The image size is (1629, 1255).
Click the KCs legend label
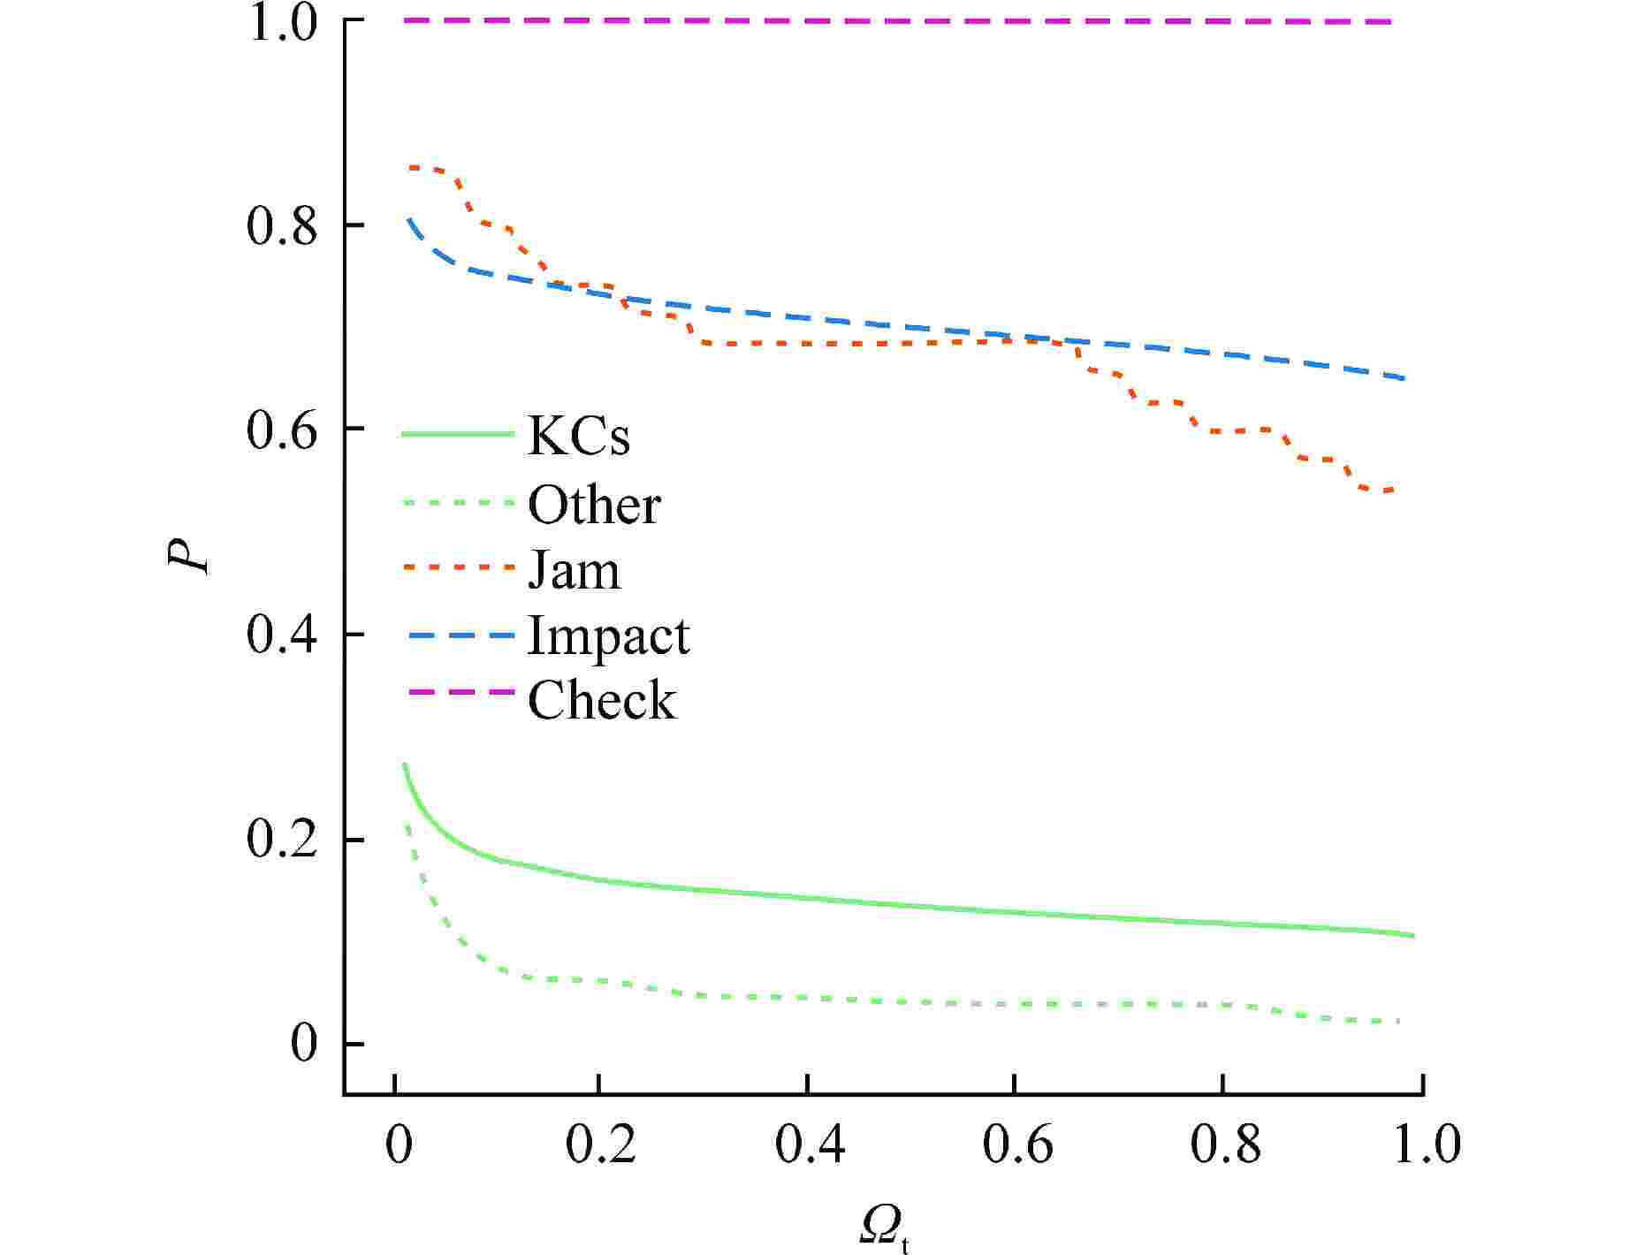pos(578,436)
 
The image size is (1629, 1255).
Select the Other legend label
pos(594,506)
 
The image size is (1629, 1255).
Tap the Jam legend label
pos(574,570)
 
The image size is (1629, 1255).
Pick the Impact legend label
pos(608,636)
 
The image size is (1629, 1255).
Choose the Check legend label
pos(602,701)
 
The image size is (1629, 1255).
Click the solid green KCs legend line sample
pos(458,434)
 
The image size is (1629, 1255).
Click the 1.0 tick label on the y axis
pos(281,22)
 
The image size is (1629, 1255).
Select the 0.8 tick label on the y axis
pos(281,226)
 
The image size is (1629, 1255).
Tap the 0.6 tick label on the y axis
pos(281,430)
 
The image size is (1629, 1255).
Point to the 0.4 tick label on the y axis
pos(281,635)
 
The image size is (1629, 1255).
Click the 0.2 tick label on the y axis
pos(281,840)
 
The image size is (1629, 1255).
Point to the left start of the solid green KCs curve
pos(404,764)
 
